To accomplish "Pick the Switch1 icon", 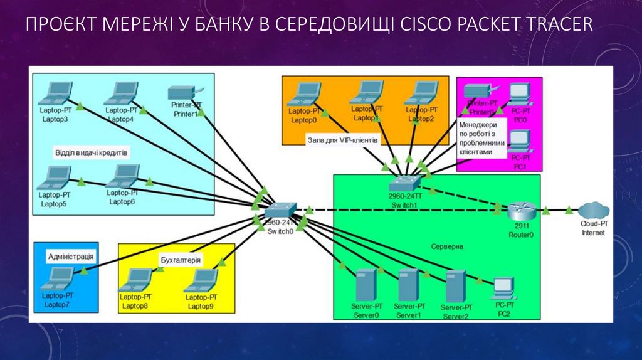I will pos(403,183).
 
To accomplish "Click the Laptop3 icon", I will pos(53,95).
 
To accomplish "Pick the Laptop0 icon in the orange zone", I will pos(303,95).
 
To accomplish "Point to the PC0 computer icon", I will pos(520,93).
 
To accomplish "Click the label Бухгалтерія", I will pos(180,259).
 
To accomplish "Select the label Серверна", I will pos(446,246).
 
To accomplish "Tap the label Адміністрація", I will pos(71,257).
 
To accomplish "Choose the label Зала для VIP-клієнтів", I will pos(342,140).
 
